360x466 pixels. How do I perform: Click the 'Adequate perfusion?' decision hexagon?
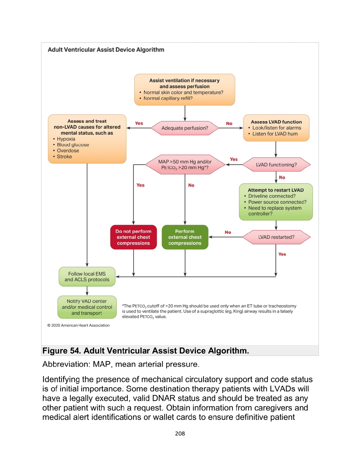point(185,128)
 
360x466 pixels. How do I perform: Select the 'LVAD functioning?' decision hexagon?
point(276,165)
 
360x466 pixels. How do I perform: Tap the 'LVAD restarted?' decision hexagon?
point(276,237)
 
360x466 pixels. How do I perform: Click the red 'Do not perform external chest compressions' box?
point(133,237)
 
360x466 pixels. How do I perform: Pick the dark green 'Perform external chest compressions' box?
point(185,237)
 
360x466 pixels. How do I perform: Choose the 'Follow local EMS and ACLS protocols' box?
point(87,277)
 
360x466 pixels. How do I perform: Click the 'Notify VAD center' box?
point(87,307)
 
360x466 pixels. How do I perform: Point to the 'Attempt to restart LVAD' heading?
point(276,190)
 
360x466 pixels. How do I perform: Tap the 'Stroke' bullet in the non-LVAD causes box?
point(64,156)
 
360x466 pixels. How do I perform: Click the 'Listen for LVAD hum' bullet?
point(275,134)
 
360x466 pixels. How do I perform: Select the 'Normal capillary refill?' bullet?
point(168,98)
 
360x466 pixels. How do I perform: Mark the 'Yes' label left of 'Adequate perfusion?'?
point(139,123)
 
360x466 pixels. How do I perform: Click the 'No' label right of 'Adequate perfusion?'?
point(229,123)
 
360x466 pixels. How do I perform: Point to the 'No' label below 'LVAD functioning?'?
point(282,177)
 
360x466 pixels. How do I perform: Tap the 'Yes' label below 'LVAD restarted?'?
point(282,254)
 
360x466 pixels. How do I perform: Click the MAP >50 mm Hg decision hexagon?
point(185,165)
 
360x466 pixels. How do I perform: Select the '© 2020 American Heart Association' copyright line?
point(78,325)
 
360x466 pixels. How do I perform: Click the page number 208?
point(180,434)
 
